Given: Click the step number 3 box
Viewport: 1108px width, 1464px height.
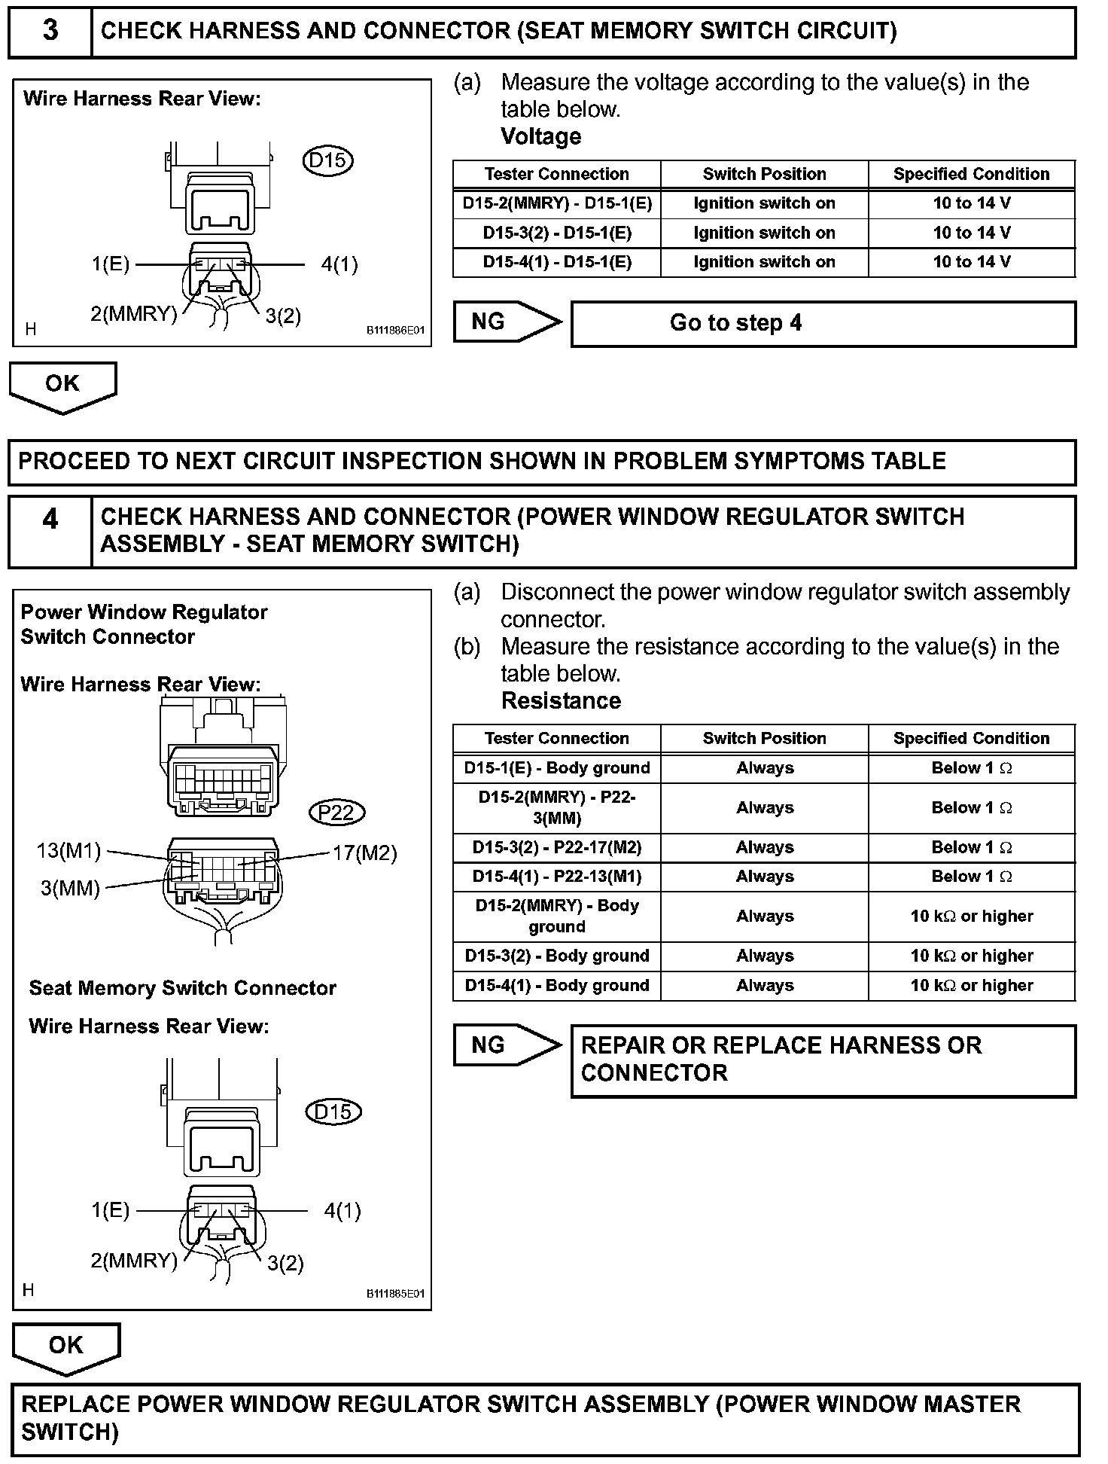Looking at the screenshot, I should tap(50, 32).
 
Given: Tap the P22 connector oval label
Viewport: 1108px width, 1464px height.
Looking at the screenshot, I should tap(336, 813).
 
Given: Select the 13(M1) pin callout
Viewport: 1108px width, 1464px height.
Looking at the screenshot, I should tap(68, 851).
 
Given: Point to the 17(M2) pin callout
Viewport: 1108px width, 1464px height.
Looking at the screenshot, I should tap(365, 852).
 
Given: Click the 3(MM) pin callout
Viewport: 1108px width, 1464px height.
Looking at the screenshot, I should tap(70, 888).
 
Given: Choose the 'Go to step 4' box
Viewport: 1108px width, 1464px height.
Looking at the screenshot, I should tap(823, 324).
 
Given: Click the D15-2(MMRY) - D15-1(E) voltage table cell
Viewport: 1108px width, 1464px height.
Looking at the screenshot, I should tap(557, 203).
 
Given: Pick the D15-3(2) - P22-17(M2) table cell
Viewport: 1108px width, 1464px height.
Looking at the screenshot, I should tap(557, 847).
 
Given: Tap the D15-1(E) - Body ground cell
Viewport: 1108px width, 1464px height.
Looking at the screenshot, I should tap(557, 768).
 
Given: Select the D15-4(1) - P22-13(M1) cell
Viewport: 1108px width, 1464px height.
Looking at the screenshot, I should tap(557, 877).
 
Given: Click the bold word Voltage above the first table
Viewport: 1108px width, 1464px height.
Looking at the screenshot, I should tap(541, 136).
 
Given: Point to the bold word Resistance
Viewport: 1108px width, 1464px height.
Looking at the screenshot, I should tap(561, 700).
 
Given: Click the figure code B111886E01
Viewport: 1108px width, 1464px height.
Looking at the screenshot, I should tap(396, 330).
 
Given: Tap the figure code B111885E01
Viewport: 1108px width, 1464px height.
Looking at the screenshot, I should tap(396, 1294).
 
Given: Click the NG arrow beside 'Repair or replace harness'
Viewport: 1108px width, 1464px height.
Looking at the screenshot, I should tap(506, 1045).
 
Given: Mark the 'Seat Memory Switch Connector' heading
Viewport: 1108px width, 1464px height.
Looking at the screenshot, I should tap(182, 988).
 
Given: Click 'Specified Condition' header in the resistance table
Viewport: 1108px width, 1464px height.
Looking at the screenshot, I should tap(971, 738).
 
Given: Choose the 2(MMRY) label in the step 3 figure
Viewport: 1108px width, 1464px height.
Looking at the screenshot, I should tap(134, 314).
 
